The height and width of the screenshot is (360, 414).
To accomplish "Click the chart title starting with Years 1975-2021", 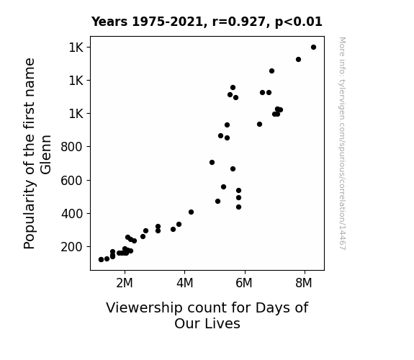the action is coord(207,22).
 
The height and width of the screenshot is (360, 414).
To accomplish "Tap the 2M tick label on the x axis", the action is coord(125,283).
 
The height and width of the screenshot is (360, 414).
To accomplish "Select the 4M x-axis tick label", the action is coord(184,283).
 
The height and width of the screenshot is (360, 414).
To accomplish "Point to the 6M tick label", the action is coord(244,283).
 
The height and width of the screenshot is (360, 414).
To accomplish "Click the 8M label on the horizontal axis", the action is coord(304,283).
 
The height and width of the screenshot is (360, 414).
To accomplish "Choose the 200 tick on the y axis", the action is coord(71,247).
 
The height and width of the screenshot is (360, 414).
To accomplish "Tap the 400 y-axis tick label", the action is coord(71,214).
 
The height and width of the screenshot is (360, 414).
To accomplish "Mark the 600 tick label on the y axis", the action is coord(71,181).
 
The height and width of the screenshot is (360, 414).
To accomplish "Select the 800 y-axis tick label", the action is coord(71,147).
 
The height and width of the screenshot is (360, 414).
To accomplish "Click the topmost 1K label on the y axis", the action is coord(76,48).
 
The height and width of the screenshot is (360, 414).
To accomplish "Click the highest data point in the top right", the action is coord(313,48).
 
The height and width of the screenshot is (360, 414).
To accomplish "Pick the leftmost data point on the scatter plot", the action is coord(101,260).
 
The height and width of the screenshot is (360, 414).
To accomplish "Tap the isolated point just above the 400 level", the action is coord(191,212).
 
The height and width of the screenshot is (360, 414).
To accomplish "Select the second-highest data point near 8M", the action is coord(298,60).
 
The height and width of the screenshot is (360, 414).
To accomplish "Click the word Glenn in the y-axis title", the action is coord(46,155).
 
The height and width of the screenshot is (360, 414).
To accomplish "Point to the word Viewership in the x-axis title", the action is coord(144,308).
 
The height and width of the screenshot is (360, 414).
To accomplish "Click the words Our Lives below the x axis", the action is coord(207,323).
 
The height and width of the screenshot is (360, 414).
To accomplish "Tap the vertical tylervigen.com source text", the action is coord(342,143).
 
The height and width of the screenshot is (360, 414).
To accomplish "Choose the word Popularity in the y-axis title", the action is coord(29,215).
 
